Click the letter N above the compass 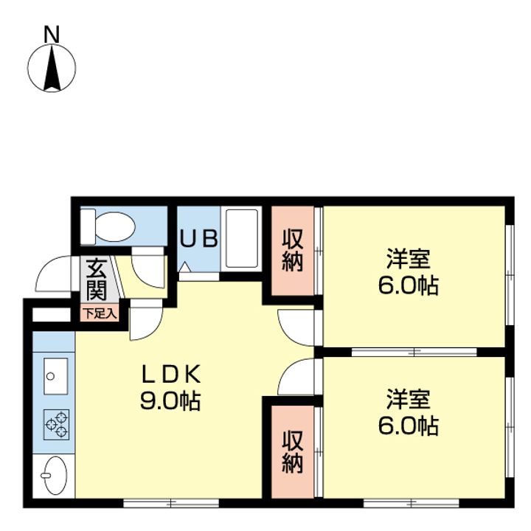[x=52, y=35]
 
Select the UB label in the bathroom [x=199, y=238]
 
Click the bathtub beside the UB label [x=242, y=238]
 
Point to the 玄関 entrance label [x=97, y=280]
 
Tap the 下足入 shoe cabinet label [x=100, y=313]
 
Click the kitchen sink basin [x=55, y=376]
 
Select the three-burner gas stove [x=56, y=425]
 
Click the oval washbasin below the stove [x=55, y=475]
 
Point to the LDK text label [x=171, y=373]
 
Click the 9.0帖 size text [x=170, y=401]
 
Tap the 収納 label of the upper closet [x=292, y=250]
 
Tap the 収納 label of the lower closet [x=292, y=451]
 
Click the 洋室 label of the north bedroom [x=409, y=259]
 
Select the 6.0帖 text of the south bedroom [x=409, y=426]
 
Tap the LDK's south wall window [x=171, y=503]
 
